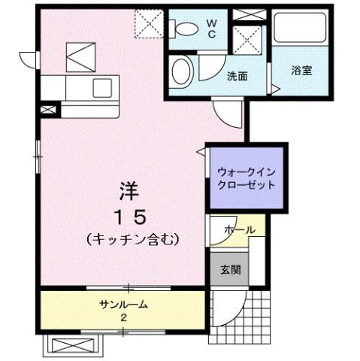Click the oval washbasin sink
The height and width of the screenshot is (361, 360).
tap(181, 72)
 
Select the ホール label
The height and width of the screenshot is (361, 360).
tap(238, 229)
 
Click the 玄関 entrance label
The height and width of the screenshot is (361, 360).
tap(230, 271)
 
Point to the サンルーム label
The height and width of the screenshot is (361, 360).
tap(123, 305)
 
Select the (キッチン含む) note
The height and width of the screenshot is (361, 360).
tap(132, 238)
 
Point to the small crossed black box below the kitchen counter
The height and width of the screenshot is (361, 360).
tap(48, 110)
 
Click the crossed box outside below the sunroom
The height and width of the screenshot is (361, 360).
tap(74, 345)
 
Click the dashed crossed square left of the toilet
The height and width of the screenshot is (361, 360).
tap(148, 24)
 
